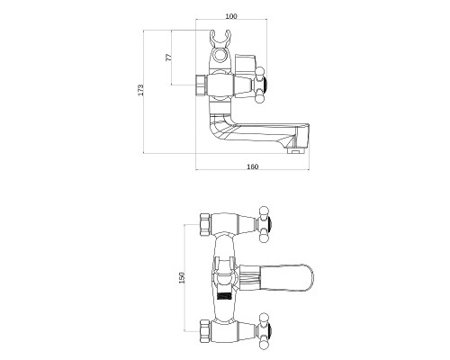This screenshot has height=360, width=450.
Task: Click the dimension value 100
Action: tap(231, 16)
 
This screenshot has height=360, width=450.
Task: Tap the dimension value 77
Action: tap(169, 58)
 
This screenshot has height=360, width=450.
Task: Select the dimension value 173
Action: tap(140, 90)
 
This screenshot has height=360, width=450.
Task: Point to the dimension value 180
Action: tap(252, 166)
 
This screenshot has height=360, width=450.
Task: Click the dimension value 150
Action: tap(182, 277)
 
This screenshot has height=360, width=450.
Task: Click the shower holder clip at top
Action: tap(220, 38)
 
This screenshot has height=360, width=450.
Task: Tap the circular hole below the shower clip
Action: tap(220, 56)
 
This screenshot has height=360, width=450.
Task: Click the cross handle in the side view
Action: tap(260, 85)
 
